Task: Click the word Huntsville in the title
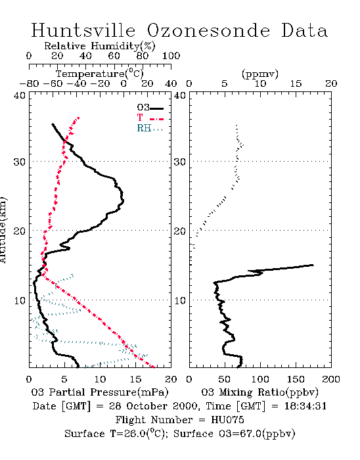tap(83, 30)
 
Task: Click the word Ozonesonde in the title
tap(208, 30)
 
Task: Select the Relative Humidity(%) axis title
tap(100, 46)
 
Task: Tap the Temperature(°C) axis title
tap(99, 74)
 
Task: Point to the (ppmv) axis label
tap(260, 74)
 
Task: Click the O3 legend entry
tap(150, 108)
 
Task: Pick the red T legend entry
tap(150, 118)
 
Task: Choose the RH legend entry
tap(150, 128)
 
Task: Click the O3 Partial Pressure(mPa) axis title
tap(100, 392)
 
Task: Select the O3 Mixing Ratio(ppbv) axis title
tap(259, 392)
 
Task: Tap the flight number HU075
tap(227, 420)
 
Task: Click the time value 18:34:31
tap(305, 406)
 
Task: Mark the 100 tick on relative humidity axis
tap(171, 56)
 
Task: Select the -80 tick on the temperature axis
tap(29, 83)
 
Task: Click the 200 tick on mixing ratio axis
tap(331, 379)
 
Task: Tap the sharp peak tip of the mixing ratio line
tap(313, 265)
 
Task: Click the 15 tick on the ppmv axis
tap(296, 83)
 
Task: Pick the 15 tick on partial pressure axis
tap(135, 379)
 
